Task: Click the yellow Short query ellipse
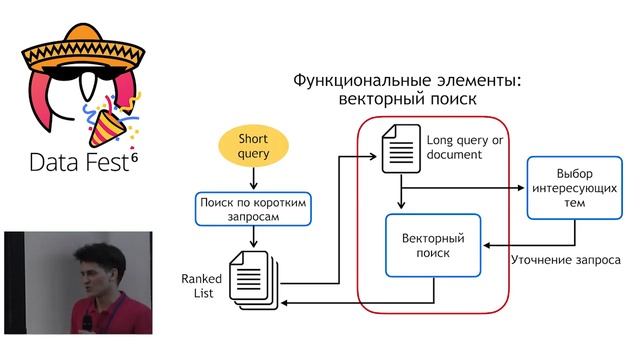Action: click(254, 145)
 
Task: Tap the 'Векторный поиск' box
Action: click(432, 245)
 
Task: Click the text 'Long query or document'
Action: click(461, 147)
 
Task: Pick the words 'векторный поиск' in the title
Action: click(406, 100)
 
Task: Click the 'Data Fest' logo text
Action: click(75, 162)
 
